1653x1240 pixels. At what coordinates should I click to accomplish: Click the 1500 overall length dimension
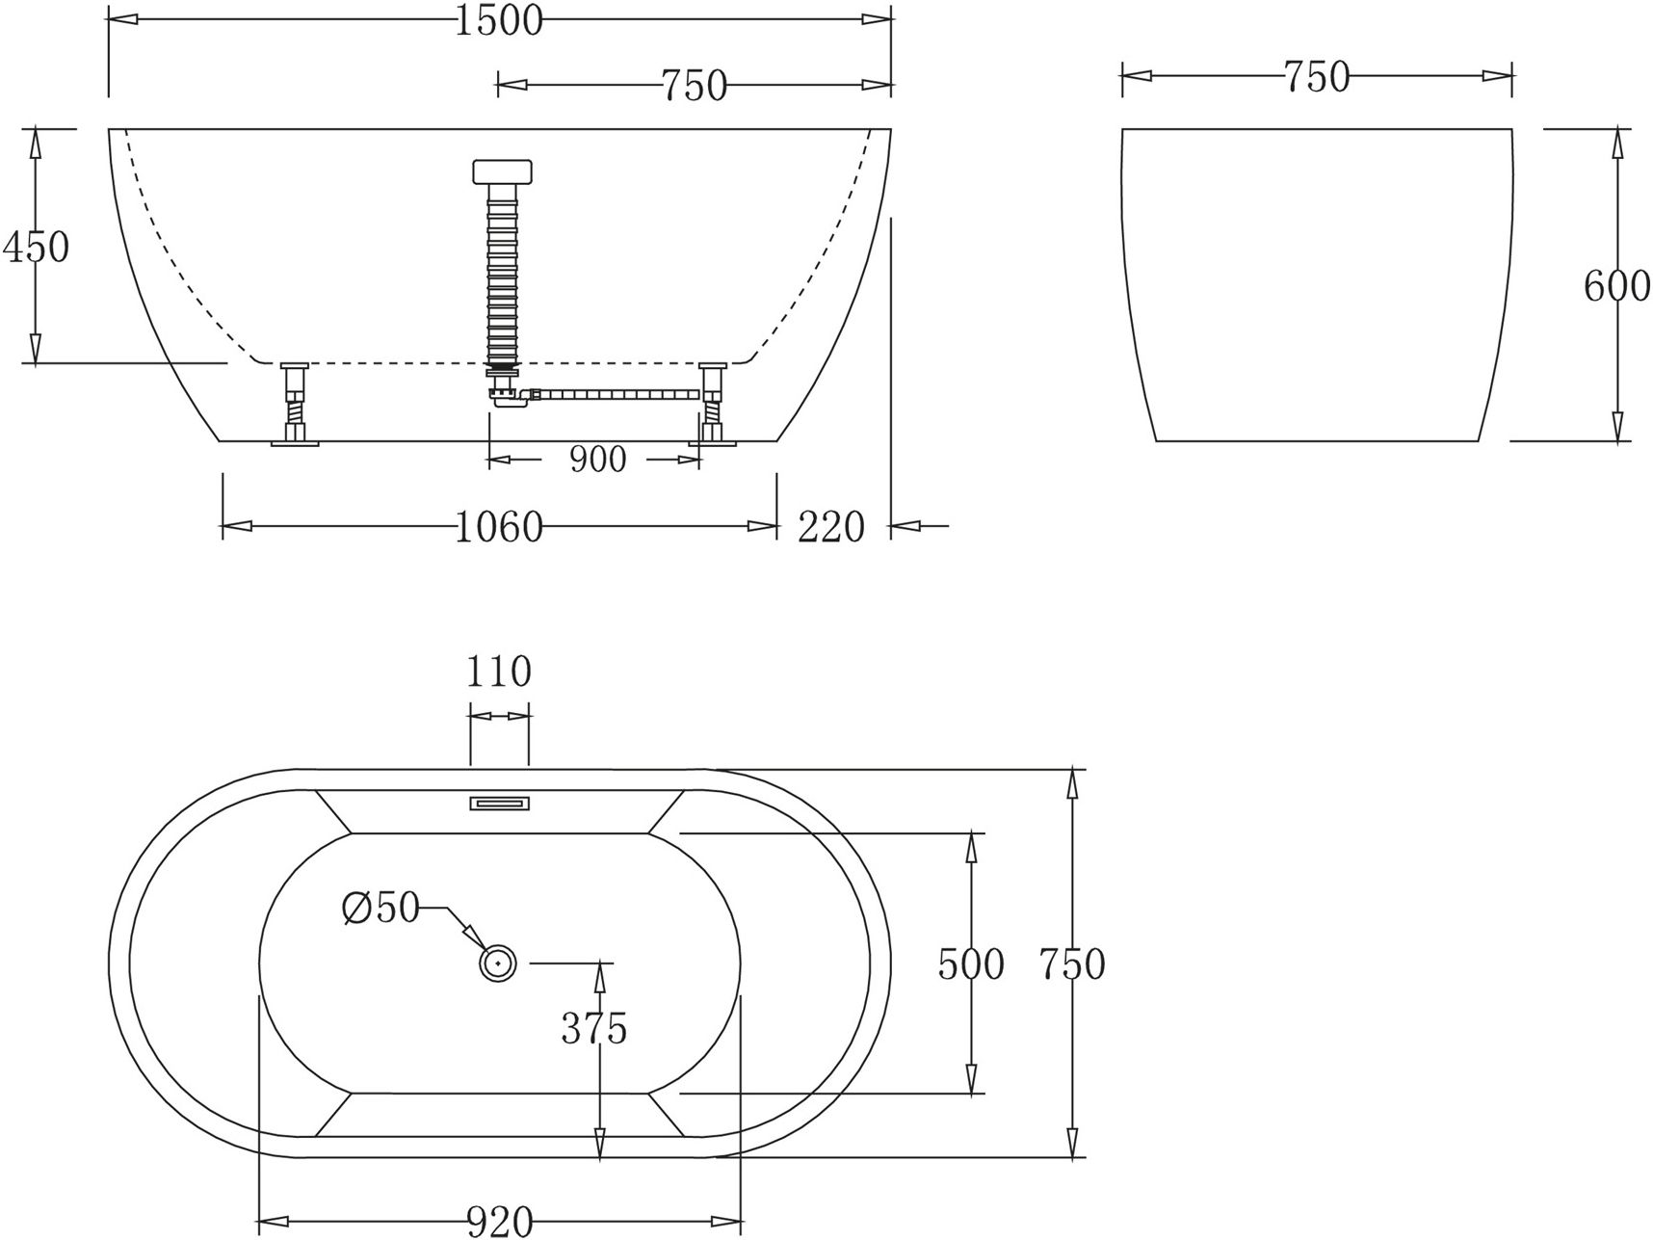[498, 20]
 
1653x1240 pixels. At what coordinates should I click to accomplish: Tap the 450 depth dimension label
[37, 248]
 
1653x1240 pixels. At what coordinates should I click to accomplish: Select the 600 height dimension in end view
[1616, 286]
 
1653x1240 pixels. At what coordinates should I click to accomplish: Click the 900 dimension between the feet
[597, 460]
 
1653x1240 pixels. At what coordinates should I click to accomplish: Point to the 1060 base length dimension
[498, 527]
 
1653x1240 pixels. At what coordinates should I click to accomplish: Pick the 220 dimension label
[831, 527]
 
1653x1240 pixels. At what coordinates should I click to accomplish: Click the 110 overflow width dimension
[498, 672]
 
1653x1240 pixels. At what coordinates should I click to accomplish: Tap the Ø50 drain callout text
[381, 908]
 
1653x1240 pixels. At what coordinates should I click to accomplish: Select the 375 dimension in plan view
[594, 1029]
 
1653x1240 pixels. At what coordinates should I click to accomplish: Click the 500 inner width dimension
[971, 963]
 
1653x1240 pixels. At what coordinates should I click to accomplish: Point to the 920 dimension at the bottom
[500, 1222]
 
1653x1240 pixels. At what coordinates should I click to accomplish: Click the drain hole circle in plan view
[498, 962]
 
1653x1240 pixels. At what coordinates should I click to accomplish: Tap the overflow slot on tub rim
[499, 803]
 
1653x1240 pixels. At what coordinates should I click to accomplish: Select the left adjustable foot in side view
[294, 404]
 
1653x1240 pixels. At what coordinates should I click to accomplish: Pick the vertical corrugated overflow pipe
[503, 275]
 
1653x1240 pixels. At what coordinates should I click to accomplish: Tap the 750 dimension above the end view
[1316, 76]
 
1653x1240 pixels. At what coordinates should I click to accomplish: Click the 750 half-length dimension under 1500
[694, 86]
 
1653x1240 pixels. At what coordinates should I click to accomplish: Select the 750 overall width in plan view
[1072, 963]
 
